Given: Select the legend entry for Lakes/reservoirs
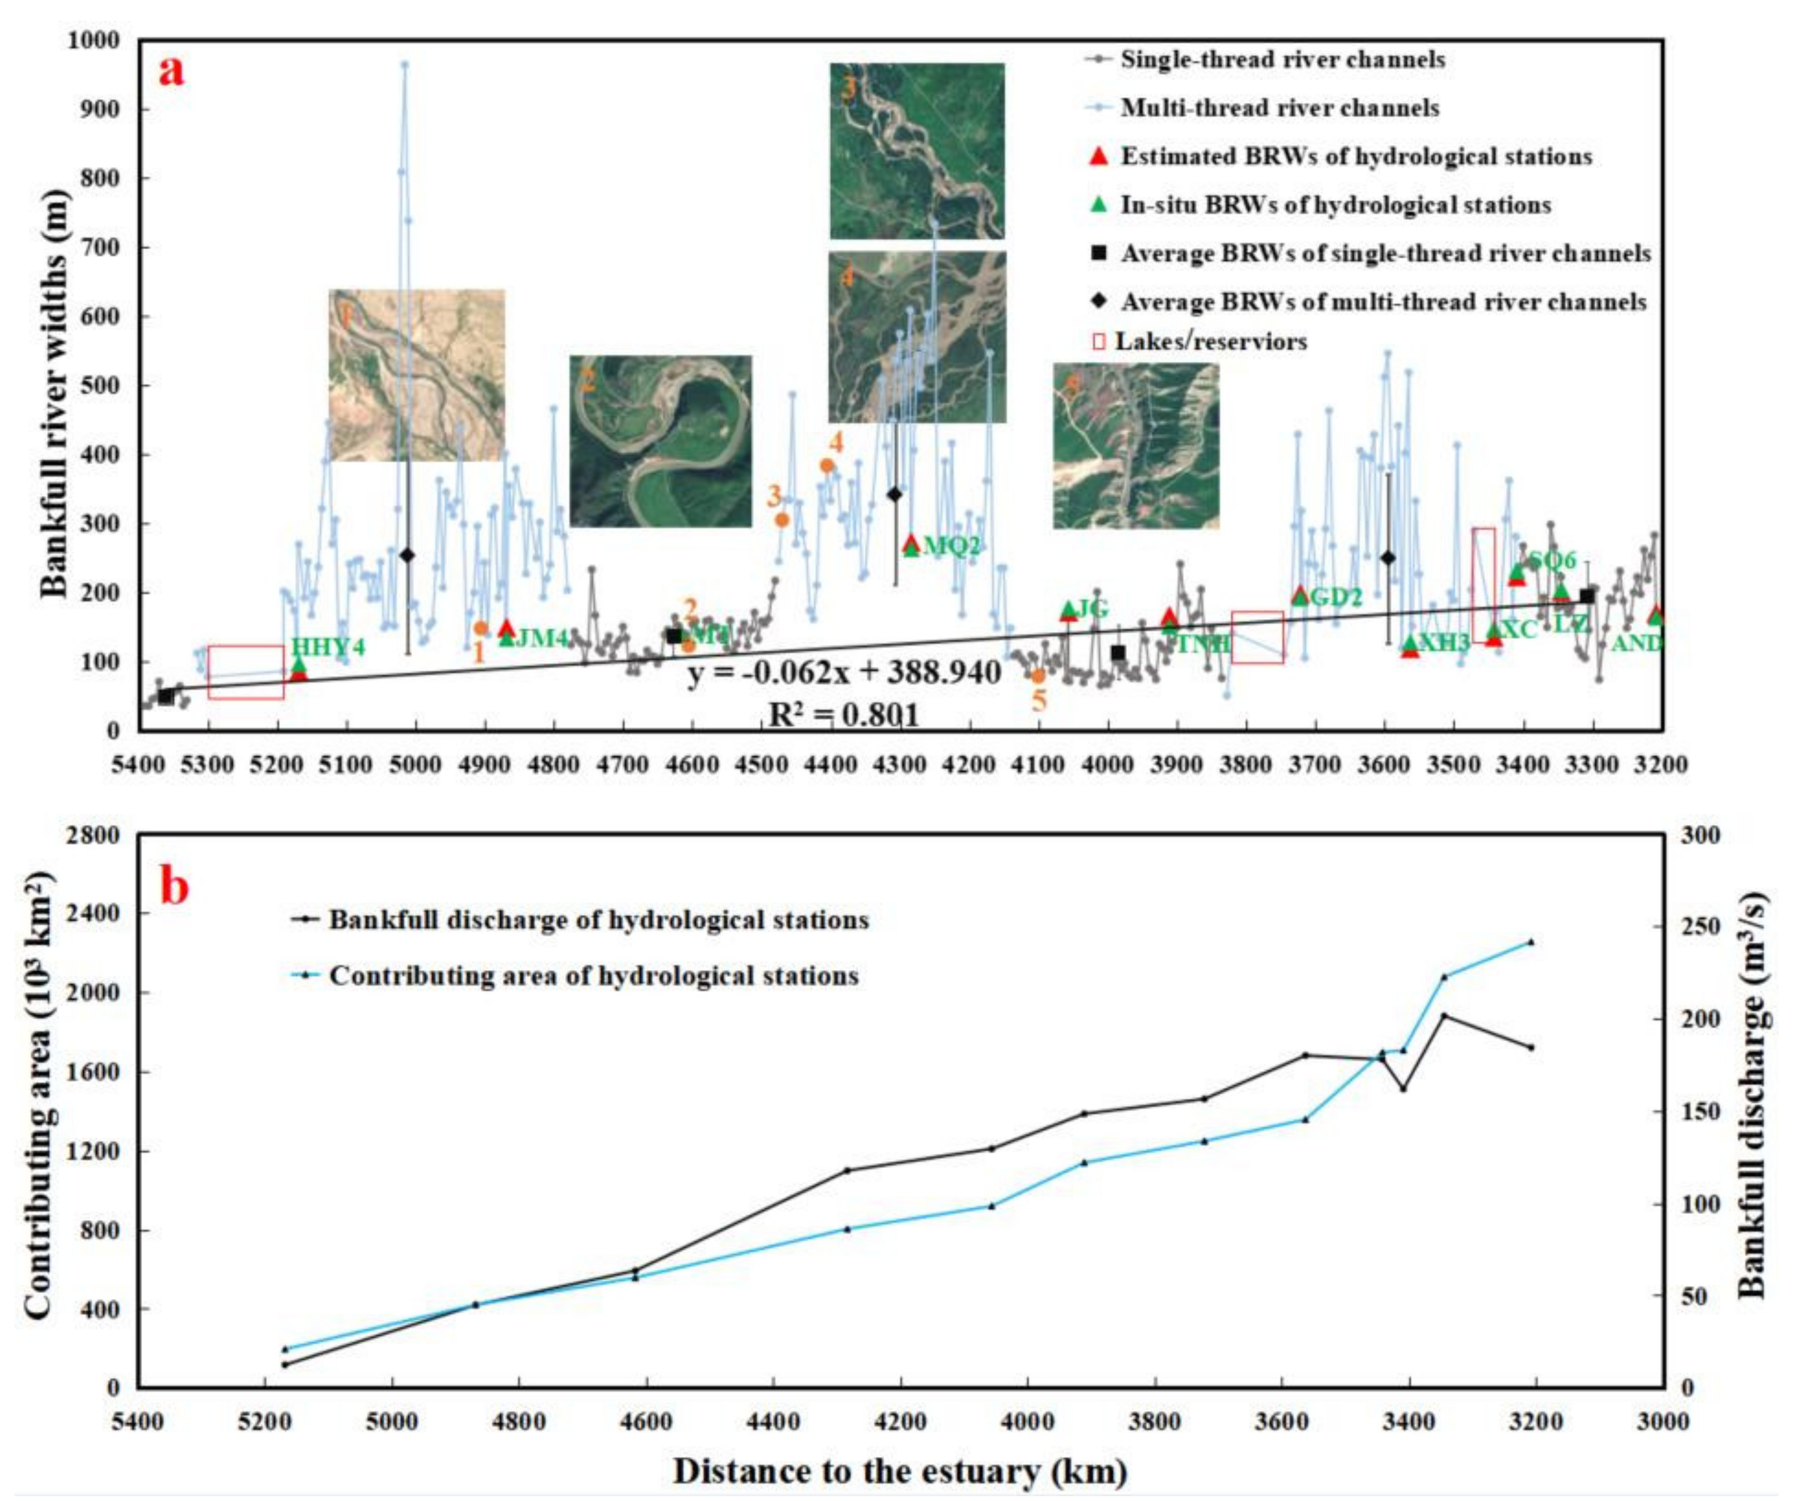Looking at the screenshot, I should (1209, 341).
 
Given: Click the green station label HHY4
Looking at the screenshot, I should (328, 647).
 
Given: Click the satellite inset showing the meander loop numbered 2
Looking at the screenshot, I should (660, 441).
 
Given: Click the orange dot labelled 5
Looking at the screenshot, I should (1038, 676).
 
